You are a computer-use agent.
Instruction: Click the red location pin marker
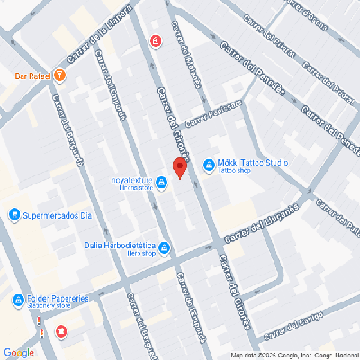[x=178, y=167]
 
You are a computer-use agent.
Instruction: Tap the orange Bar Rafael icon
[x=59, y=76]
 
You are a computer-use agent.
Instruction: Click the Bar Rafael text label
[x=26, y=76]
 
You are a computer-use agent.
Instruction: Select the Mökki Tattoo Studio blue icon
[x=209, y=166]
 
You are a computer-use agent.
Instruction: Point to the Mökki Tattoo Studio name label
[x=253, y=162]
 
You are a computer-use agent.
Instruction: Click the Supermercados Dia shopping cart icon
[x=13, y=216]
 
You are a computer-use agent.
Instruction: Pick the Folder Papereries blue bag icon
[x=18, y=301]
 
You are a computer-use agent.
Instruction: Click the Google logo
[x=18, y=352]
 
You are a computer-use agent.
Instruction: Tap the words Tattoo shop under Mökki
[x=237, y=173]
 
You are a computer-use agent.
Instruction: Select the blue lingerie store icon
[x=161, y=184]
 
